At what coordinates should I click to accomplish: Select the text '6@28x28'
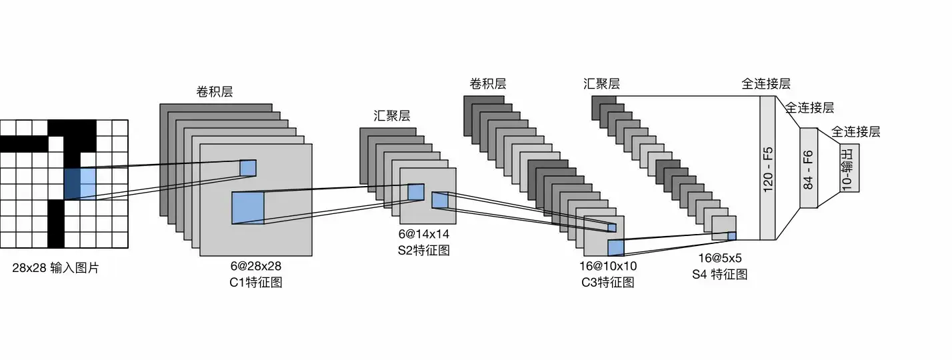(x=255, y=266)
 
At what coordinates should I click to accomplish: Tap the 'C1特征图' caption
(x=255, y=282)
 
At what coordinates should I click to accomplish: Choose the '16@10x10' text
(x=608, y=266)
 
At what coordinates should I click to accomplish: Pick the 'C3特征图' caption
(x=608, y=282)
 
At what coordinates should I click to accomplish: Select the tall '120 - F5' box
(x=768, y=168)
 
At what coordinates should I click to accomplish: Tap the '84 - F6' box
(x=808, y=168)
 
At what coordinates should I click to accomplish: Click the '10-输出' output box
(x=849, y=168)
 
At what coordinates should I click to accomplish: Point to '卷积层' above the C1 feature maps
(x=215, y=91)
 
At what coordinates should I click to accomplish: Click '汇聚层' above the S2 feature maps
(x=391, y=115)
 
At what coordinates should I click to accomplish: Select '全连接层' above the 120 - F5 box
(x=766, y=84)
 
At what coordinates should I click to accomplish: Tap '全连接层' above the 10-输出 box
(x=856, y=131)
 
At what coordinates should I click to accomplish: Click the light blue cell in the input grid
(x=88, y=183)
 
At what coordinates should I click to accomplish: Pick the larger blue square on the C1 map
(x=248, y=207)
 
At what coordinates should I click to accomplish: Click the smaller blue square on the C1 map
(x=248, y=167)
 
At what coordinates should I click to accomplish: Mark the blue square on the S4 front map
(x=732, y=235)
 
